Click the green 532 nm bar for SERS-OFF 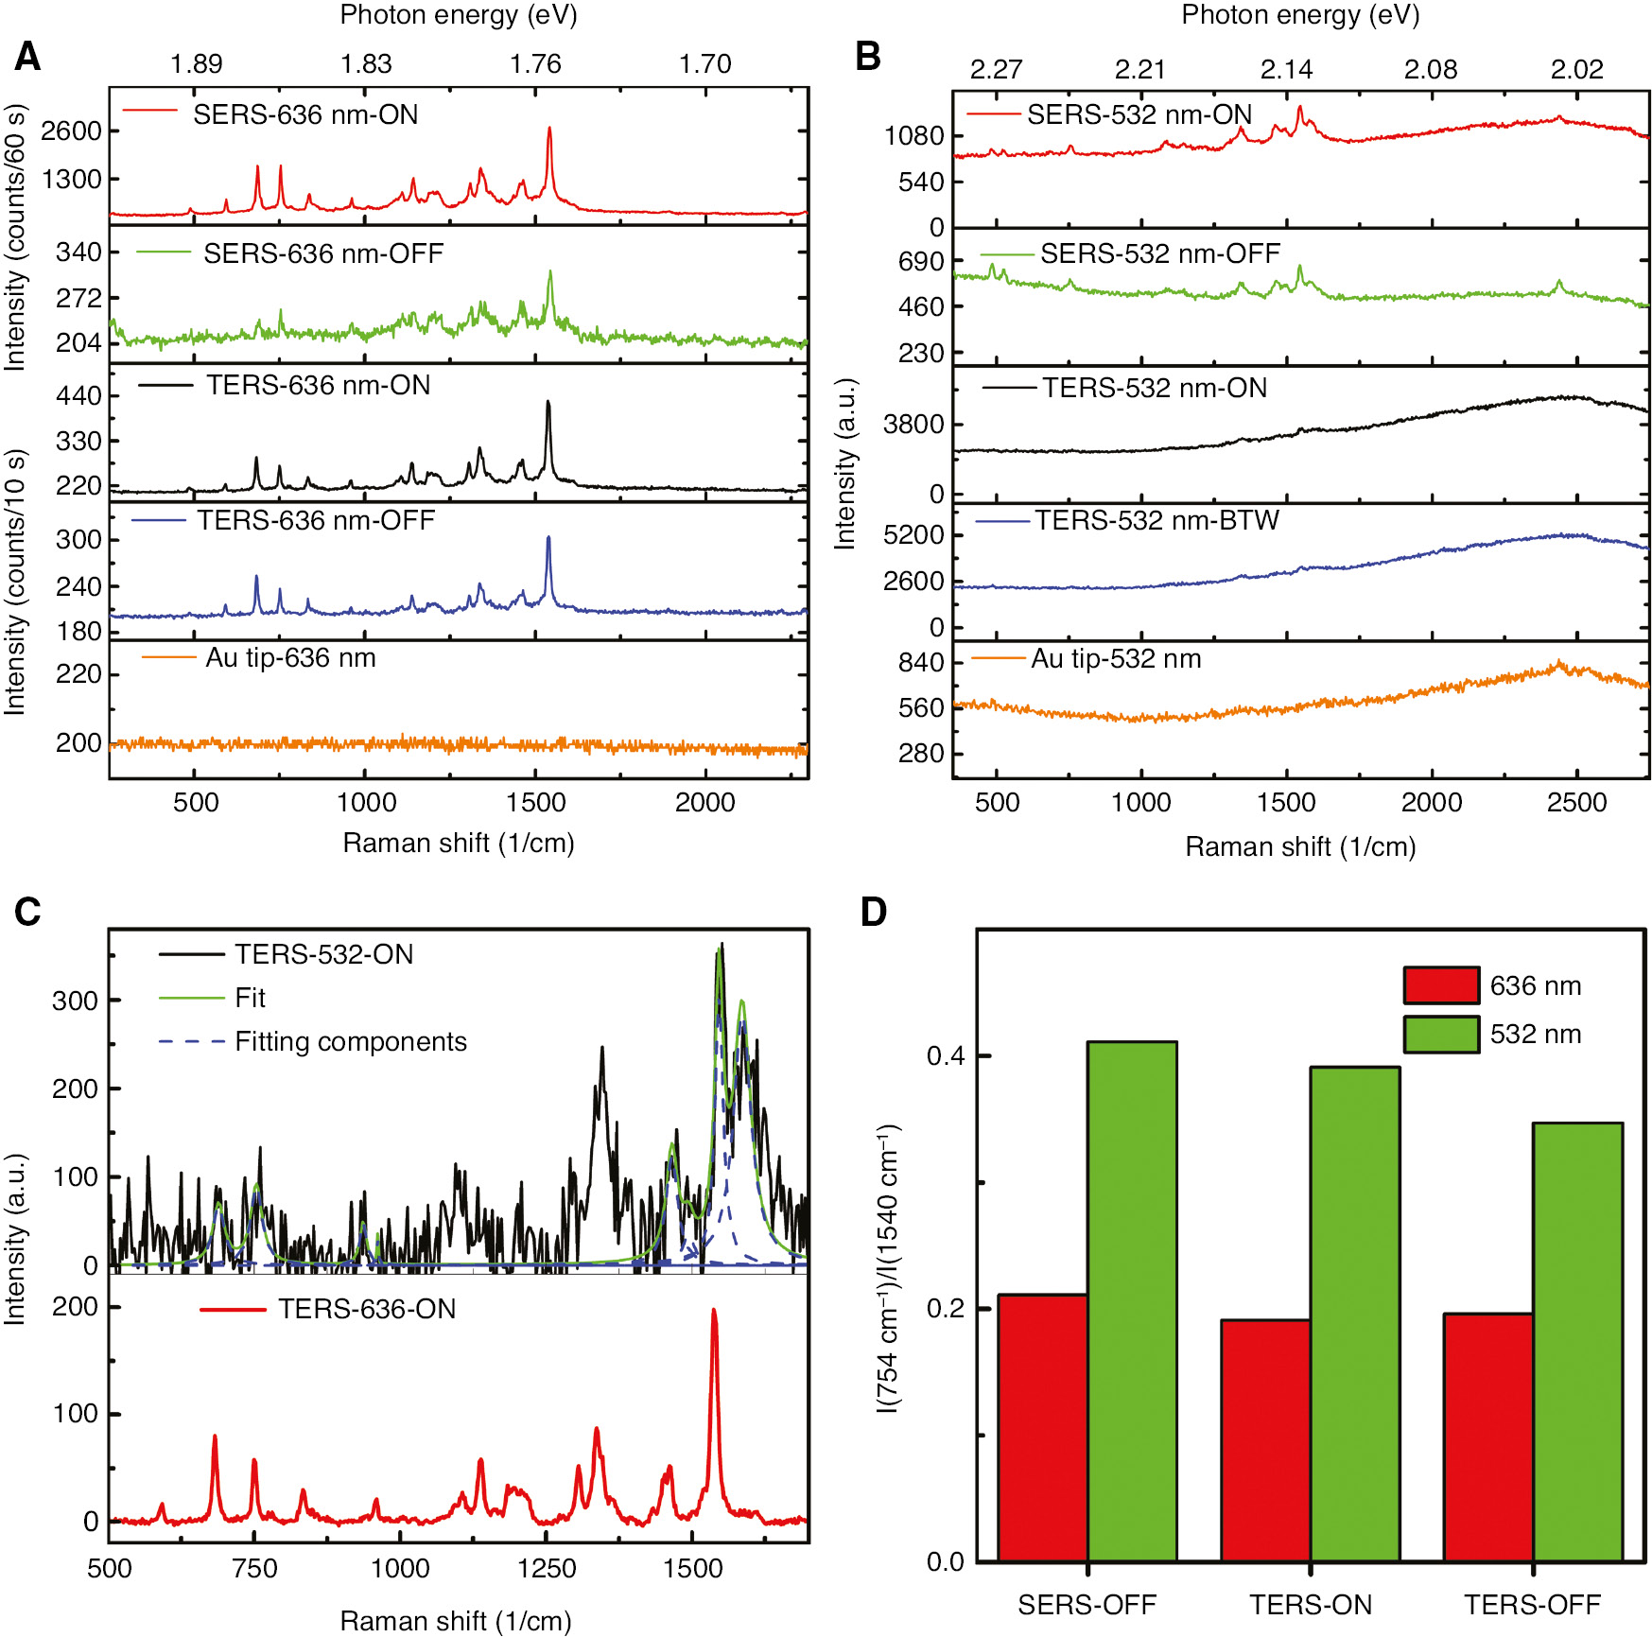pyautogui.click(x=1132, y=1300)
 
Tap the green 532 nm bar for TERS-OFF pyautogui.click(x=1577, y=1341)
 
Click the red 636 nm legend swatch pyautogui.click(x=1440, y=985)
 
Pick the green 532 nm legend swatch pyautogui.click(x=1440, y=1035)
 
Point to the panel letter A pyautogui.click(x=27, y=58)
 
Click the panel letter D pyautogui.click(x=873, y=912)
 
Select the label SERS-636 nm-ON pyautogui.click(x=305, y=115)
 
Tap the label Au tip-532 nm pyautogui.click(x=1116, y=659)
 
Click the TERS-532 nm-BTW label pyautogui.click(x=1156, y=521)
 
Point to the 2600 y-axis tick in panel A pyautogui.click(x=71, y=131)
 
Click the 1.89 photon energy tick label pyautogui.click(x=196, y=64)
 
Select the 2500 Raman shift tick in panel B pyautogui.click(x=1576, y=803)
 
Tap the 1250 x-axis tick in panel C pyautogui.click(x=546, y=1569)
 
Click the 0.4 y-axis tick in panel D pyautogui.click(x=946, y=1055)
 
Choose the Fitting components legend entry pyautogui.click(x=350, y=1042)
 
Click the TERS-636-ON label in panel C pyautogui.click(x=366, y=1310)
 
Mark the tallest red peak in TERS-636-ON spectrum pyautogui.click(x=714, y=1313)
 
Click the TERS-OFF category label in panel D pyautogui.click(x=1532, y=1605)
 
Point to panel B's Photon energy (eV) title pyautogui.click(x=1300, y=15)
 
